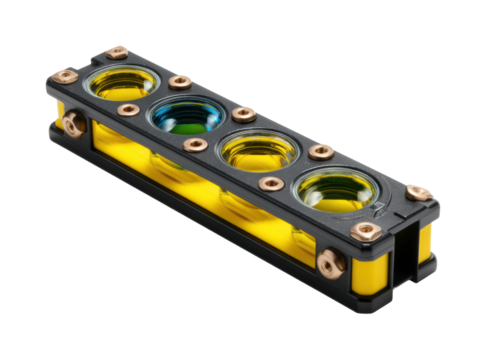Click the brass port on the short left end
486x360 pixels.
click(71, 123)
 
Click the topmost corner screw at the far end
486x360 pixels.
click(118, 51)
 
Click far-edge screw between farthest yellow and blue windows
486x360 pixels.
click(180, 81)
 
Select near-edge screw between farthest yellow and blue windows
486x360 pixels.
click(127, 109)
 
